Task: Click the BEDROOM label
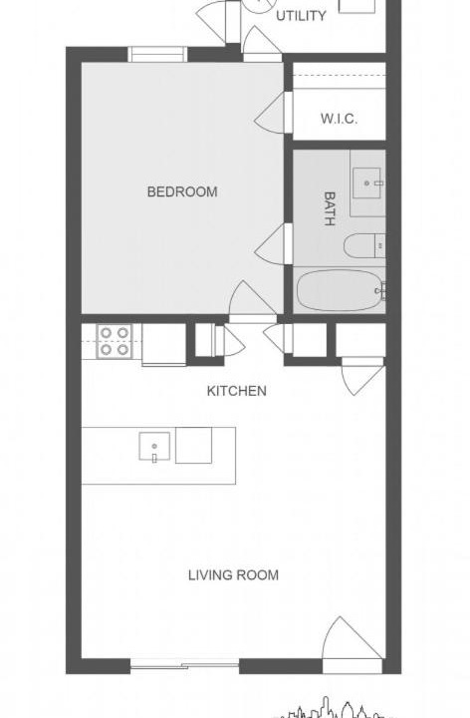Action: pyautogui.click(x=182, y=191)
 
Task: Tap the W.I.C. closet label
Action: pyautogui.click(x=339, y=119)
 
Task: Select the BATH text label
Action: pyautogui.click(x=330, y=208)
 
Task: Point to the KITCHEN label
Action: pyautogui.click(x=236, y=391)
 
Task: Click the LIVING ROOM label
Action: pyautogui.click(x=233, y=575)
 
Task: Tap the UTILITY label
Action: pyautogui.click(x=301, y=16)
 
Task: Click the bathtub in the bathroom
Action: pyautogui.click(x=339, y=290)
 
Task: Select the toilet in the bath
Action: pyautogui.click(x=364, y=246)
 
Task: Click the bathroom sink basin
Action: pyautogui.click(x=366, y=183)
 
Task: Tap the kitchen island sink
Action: pyautogui.click(x=154, y=446)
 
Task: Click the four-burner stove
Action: pyautogui.click(x=114, y=341)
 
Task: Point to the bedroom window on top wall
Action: pyautogui.click(x=157, y=54)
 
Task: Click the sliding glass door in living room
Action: pyautogui.click(x=184, y=665)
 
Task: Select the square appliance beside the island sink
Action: pyautogui.click(x=194, y=445)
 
